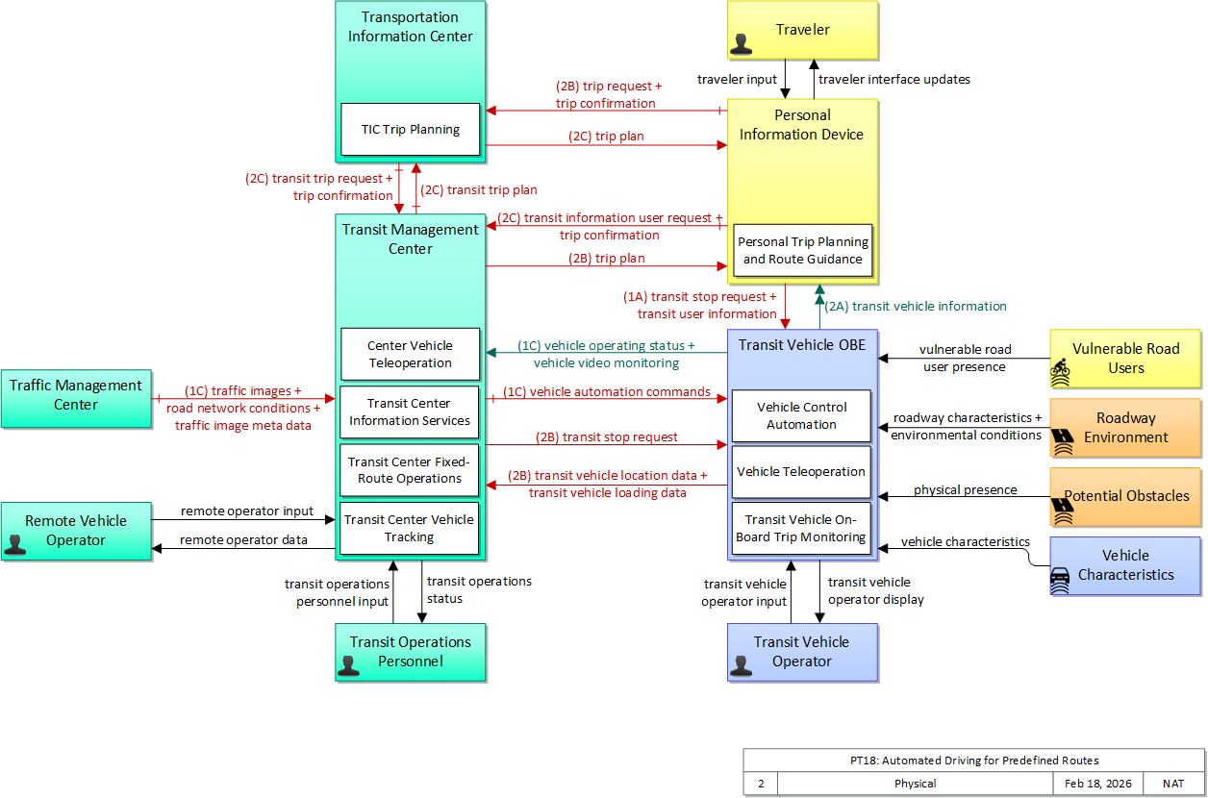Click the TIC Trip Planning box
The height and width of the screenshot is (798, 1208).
(x=410, y=130)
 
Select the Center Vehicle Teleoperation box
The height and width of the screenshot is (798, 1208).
(x=410, y=354)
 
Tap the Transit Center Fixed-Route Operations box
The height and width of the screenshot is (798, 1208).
(x=410, y=470)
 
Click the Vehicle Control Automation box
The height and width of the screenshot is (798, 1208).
(x=801, y=415)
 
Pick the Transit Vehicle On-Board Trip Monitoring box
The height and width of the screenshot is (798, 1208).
(x=801, y=529)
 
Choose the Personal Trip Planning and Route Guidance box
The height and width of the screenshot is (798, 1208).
(x=802, y=251)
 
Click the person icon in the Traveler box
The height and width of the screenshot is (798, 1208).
(x=741, y=44)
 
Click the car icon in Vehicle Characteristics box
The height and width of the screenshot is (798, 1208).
(x=1060, y=580)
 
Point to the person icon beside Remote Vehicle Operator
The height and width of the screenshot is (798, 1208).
(x=15, y=544)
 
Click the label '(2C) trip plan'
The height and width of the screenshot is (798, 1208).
(x=606, y=136)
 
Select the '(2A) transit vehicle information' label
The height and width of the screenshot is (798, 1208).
(x=916, y=307)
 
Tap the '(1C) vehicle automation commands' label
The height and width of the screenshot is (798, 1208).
(x=607, y=392)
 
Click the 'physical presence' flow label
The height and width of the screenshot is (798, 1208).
(x=966, y=489)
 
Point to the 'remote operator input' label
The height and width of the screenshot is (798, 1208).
(x=247, y=511)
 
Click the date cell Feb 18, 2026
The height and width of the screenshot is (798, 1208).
(x=1098, y=784)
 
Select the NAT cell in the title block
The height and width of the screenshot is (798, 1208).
(x=1173, y=784)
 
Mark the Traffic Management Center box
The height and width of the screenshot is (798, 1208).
(x=76, y=398)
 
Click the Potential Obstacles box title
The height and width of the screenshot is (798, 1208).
(x=1126, y=495)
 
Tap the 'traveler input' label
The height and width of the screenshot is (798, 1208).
(x=737, y=79)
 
